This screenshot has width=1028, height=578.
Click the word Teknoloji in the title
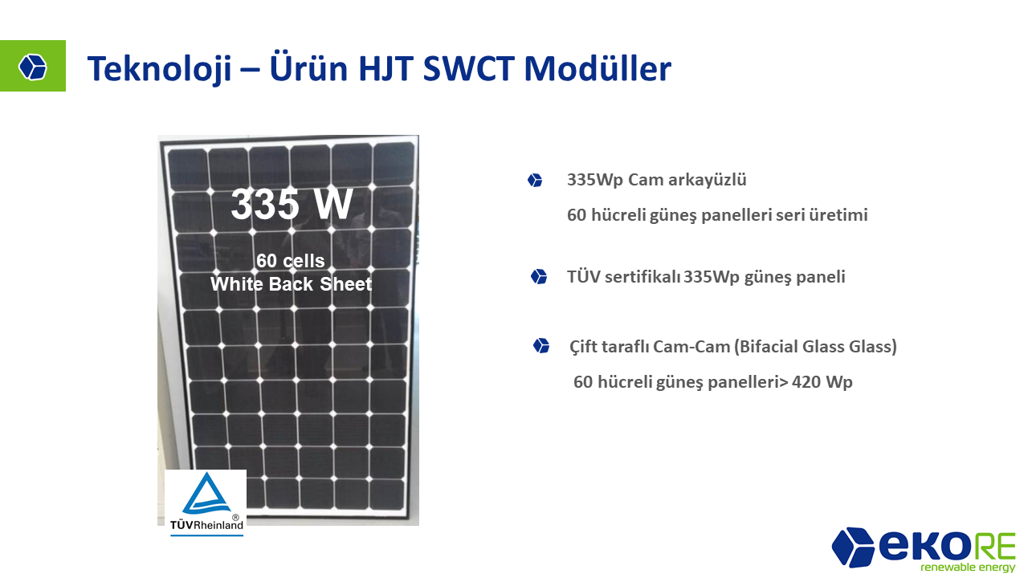[x=159, y=69]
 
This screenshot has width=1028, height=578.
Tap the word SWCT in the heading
[x=468, y=69]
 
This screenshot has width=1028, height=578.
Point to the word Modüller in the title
[x=598, y=68]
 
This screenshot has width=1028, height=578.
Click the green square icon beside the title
[x=33, y=66]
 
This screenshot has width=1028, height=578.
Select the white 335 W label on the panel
[x=292, y=204]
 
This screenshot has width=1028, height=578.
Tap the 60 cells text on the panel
[x=291, y=261]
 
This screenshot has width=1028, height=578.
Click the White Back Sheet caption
[x=291, y=284]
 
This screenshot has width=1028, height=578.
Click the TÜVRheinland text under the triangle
[x=206, y=525]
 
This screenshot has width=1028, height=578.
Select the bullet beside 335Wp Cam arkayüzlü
[x=535, y=181]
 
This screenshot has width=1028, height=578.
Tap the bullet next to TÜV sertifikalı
[x=539, y=277]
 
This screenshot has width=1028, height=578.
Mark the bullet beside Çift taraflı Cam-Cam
[x=541, y=346]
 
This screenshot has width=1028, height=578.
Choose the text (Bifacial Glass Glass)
[x=815, y=346]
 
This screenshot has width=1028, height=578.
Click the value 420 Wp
[x=822, y=381]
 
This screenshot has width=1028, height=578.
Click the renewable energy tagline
[x=968, y=567]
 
